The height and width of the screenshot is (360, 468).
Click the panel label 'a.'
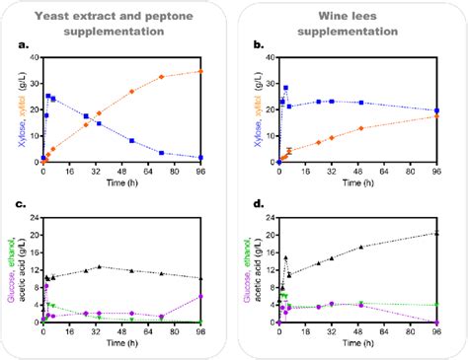pyautogui.click(x=21, y=44)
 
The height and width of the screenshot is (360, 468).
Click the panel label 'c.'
pyautogui.click(x=21, y=205)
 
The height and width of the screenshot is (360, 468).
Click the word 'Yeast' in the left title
pyautogui.click(x=53, y=14)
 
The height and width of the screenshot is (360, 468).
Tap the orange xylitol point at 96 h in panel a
pyautogui.click(x=200, y=71)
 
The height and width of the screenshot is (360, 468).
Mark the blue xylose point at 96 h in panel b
pyautogui.click(x=436, y=110)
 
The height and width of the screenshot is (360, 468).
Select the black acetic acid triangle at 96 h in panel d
pyautogui.click(x=436, y=233)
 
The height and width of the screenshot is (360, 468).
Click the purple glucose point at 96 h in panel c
pyautogui.click(x=200, y=296)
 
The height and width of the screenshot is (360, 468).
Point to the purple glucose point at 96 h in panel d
pyautogui.click(x=436, y=323)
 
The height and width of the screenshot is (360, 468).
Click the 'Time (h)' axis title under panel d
pyautogui.click(x=356, y=346)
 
